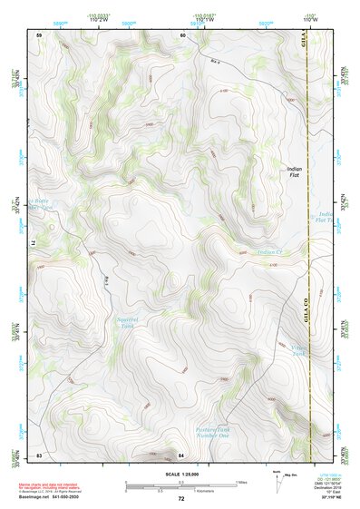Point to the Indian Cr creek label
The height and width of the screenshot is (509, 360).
pos(270,251)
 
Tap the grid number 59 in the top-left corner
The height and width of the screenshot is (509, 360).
pos(39,34)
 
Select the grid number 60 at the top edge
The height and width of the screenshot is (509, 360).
pos(182,34)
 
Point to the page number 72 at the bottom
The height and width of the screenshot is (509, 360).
pos(181,499)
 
